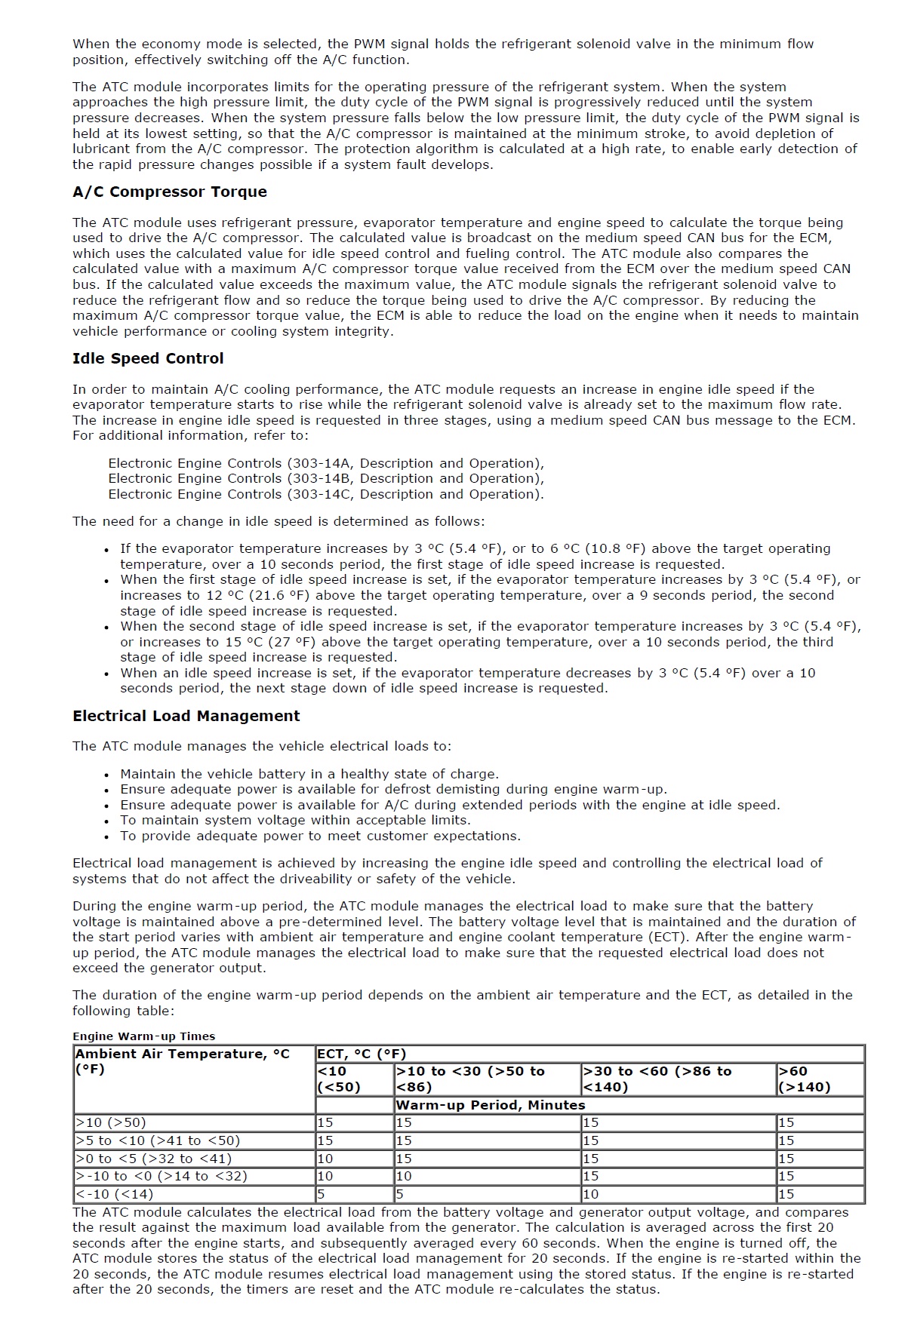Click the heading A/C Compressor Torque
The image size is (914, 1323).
point(169,192)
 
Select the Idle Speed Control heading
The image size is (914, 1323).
point(148,358)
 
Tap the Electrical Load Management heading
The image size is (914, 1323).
point(186,716)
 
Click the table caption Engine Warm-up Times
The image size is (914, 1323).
point(143,1036)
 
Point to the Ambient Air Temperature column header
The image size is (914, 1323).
point(182,1061)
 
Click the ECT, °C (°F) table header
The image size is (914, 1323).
point(362,1054)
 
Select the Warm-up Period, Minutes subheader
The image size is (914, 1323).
point(491,1105)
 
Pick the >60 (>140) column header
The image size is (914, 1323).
point(804,1079)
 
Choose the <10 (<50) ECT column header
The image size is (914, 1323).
point(339,1079)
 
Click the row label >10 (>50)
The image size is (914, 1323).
point(111,1122)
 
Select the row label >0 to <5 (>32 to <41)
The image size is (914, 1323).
point(153,1159)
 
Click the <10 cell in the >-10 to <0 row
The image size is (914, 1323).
point(325,1176)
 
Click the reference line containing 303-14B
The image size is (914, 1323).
point(325,478)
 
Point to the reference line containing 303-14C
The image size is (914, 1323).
point(325,494)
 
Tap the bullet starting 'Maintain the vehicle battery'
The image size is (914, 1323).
point(309,774)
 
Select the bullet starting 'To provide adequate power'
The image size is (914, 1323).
point(320,836)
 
